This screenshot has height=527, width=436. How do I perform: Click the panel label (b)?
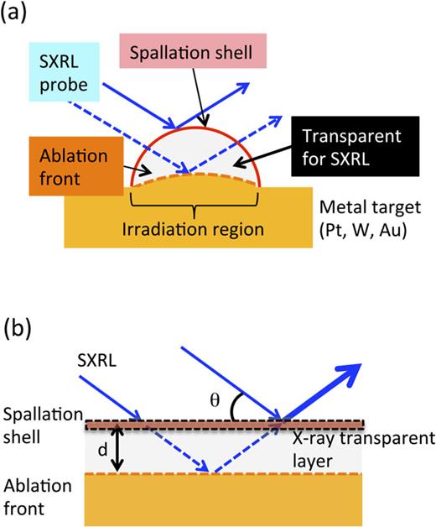[x=16, y=326]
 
